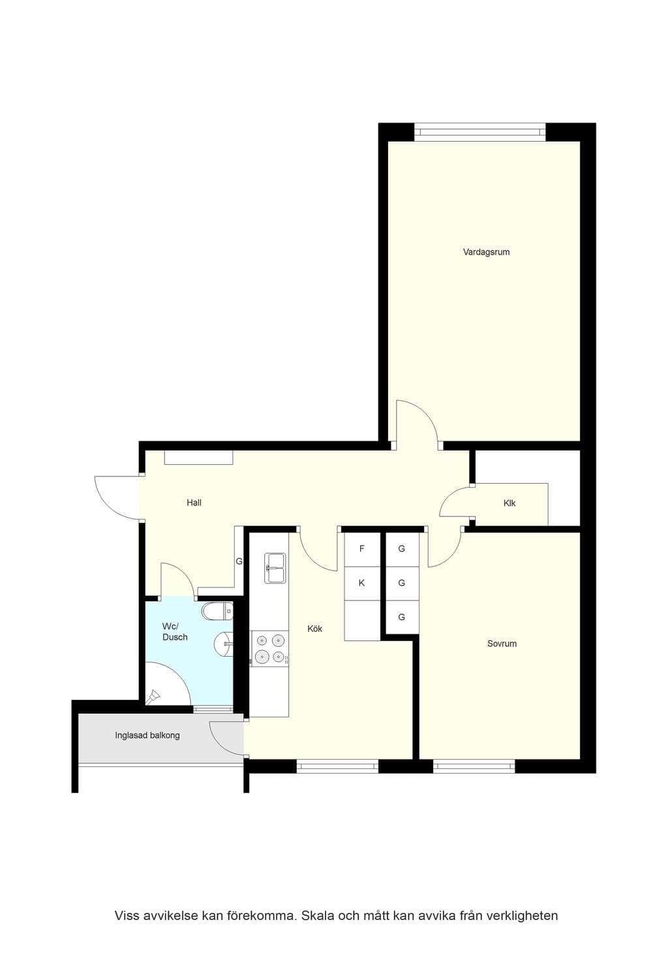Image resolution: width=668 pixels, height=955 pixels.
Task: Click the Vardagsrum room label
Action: (x=486, y=252)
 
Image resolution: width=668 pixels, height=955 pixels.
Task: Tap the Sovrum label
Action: (x=502, y=644)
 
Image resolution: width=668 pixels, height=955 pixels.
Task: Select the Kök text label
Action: (x=315, y=629)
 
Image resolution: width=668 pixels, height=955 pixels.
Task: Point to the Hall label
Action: (x=194, y=503)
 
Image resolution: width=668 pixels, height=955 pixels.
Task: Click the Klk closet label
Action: (x=509, y=503)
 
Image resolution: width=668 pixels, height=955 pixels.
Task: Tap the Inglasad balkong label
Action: (x=147, y=736)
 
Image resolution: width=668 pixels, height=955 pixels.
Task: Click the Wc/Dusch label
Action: (x=175, y=632)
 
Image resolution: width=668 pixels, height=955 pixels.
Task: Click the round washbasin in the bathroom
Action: (x=223, y=644)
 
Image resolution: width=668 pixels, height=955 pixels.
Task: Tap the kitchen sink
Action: (x=275, y=568)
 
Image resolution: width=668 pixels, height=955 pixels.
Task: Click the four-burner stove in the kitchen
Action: (x=269, y=648)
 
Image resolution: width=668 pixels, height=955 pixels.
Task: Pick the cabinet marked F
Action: (x=362, y=549)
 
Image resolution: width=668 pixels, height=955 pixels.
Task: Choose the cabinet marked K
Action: (x=362, y=583)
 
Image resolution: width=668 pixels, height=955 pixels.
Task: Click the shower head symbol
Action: (x=152, y=698)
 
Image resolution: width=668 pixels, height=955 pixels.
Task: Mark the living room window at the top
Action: (x=480, y=132)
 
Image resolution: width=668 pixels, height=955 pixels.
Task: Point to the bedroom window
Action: (x=474, y=767)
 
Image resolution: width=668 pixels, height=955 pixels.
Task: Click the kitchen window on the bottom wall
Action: (x=337, y=767)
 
